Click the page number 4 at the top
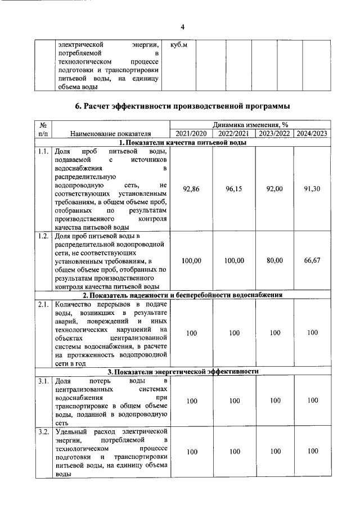182,27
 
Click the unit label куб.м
178,44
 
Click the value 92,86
192,190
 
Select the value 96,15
233,190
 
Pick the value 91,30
312,190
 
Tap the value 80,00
274,260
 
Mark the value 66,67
312,260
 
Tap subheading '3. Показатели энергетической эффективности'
183,372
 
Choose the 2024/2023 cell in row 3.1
312,400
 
